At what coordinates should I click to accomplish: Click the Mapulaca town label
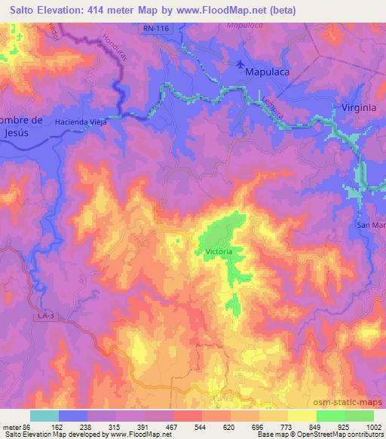(x=267, y=72)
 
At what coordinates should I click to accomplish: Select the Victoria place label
(x=219, y=251)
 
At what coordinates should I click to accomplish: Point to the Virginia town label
(x=358, y=108)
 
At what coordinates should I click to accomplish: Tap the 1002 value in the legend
(x=374, y=426)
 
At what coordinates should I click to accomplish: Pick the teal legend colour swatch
(x=44, y=416)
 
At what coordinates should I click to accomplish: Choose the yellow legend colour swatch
(x=302, y=416)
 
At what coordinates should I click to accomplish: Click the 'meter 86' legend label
(x=16, y=426)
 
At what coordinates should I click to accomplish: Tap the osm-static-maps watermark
(x=354, y=401)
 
